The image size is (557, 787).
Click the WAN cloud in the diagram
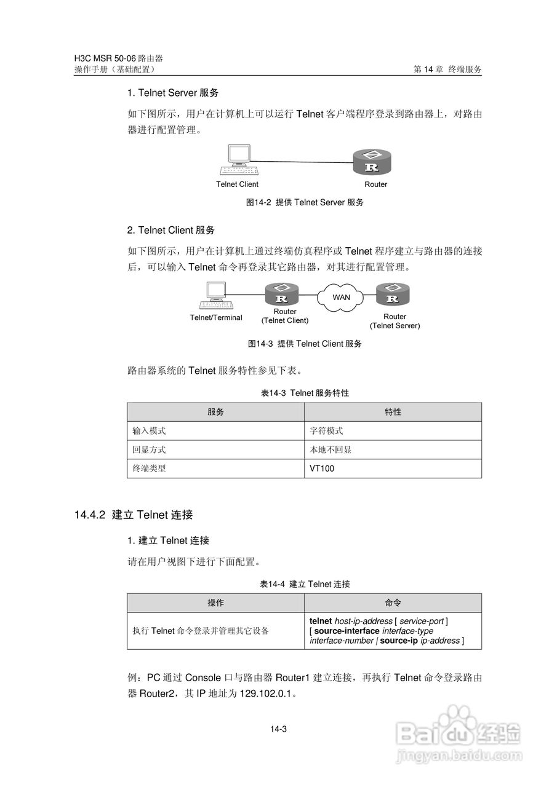coord(341,297)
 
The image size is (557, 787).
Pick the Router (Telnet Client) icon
coord(282,295)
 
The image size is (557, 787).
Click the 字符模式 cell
coord(326,431)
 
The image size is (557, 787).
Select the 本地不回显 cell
coord(331,450)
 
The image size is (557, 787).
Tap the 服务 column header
coord(215,412)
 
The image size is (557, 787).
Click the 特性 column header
coord(393,412)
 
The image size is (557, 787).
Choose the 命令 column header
coord(393,603)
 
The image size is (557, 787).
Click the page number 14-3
coord(278,729)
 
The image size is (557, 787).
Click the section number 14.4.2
coord(90,515)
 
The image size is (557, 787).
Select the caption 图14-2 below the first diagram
coord(258,202)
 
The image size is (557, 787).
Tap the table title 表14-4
coord(273,584)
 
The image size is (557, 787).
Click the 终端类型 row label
coord(149,469)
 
